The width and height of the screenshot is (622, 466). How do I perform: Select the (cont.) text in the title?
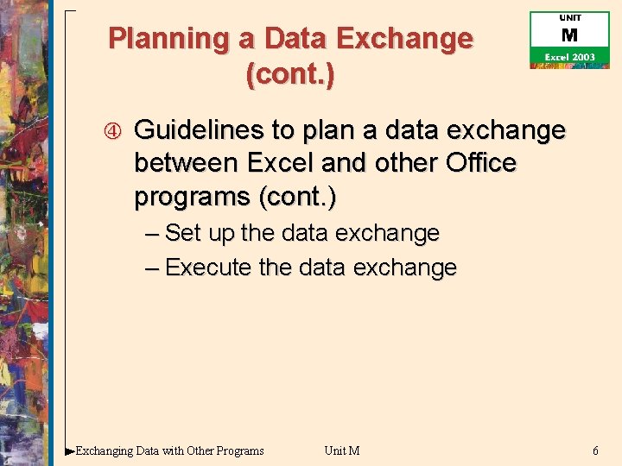(x=290, y=74)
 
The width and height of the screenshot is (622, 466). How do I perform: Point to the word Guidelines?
(x=200, y=130)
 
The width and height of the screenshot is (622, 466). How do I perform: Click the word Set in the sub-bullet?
(x=183, y=233)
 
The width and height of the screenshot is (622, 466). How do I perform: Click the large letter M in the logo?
(x=569, y=36)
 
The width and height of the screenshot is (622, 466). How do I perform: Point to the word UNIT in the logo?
(x=570, y=18)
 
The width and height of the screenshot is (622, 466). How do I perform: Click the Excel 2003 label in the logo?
(x=569, y=57)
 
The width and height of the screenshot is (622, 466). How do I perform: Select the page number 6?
(x=595, y=450)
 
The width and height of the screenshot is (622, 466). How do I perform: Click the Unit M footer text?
(x=342, y=450)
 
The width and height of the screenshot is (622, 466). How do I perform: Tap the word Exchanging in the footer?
(x=105, y=450)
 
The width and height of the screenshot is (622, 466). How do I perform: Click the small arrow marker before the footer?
(x=70, y=450)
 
